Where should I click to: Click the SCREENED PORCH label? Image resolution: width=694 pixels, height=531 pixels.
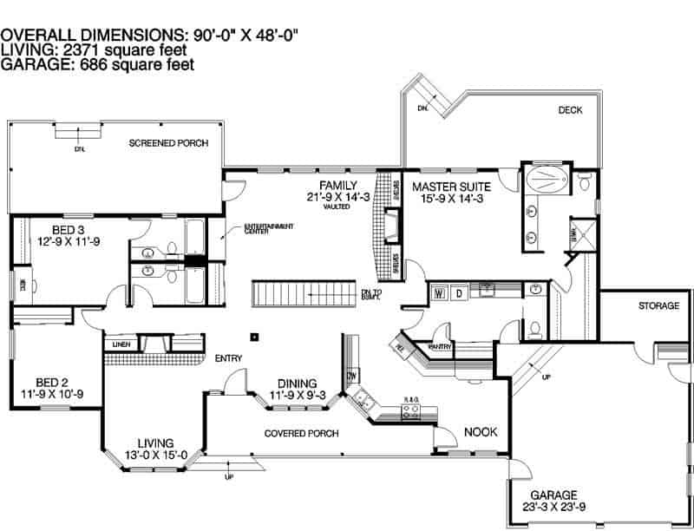[x=168, y=142]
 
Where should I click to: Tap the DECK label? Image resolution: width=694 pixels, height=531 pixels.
[x=570, y=110]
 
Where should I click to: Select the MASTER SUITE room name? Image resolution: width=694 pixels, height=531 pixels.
[x=451, y=187]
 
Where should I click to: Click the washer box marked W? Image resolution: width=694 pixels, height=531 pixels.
[x=439, y=292]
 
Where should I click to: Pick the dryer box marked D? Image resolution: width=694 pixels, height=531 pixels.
[x=460, y=292]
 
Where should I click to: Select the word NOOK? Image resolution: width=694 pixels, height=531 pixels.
[x=480, y=431]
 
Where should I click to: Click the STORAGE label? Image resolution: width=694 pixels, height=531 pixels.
[x=658, y=306]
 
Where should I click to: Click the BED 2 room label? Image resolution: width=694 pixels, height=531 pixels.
[x=52, y=382]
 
